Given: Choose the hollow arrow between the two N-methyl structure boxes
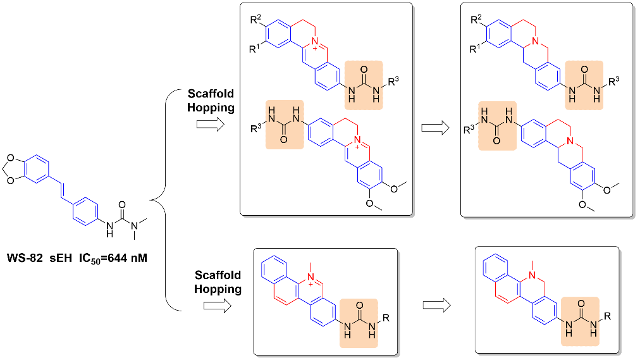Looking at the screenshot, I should coord(436,305).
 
